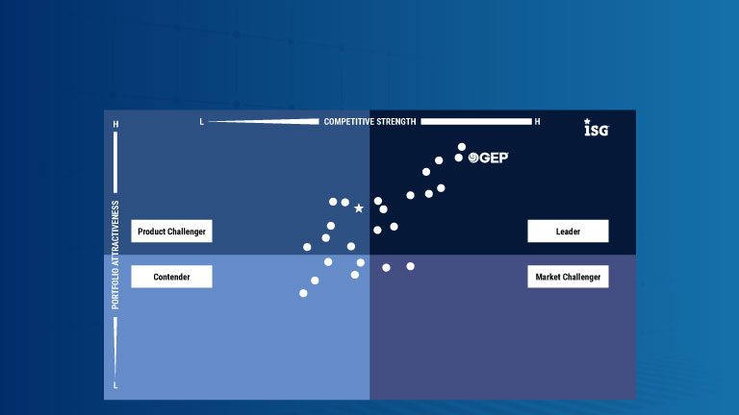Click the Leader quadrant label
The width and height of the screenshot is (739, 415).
click(568, 231)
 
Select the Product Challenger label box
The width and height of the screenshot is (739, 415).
click(171, 231)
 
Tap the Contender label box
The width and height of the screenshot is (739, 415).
click(171, 277)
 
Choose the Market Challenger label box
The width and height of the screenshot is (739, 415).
click(568, 277)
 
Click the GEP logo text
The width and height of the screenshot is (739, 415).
click(488, 158)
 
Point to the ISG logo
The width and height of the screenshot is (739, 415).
click(597, 128)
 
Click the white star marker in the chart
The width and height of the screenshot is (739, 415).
click(359, 207)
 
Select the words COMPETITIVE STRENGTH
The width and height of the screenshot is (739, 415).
click(369, 121)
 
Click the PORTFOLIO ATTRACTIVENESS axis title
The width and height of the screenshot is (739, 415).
click(115, 255)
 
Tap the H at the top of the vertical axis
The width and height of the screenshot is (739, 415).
click(115, 124)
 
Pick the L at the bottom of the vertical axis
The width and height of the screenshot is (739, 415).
click(115, 385)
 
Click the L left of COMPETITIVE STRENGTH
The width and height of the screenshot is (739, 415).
click(202, 122)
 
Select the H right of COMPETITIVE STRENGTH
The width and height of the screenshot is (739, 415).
click(537, 122)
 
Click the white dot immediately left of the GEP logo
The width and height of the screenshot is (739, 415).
click(459, 158)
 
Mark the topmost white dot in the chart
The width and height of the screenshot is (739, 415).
click(462, 147)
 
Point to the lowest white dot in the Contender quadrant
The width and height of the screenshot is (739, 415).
click(303, 293)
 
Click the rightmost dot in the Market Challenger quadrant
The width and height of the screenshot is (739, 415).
click(411, 266)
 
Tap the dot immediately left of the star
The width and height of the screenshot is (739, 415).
click(345, 203)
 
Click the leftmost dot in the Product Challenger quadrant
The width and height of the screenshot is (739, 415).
click(307, 247)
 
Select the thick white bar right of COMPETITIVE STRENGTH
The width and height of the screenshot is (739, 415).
click(476, 121)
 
